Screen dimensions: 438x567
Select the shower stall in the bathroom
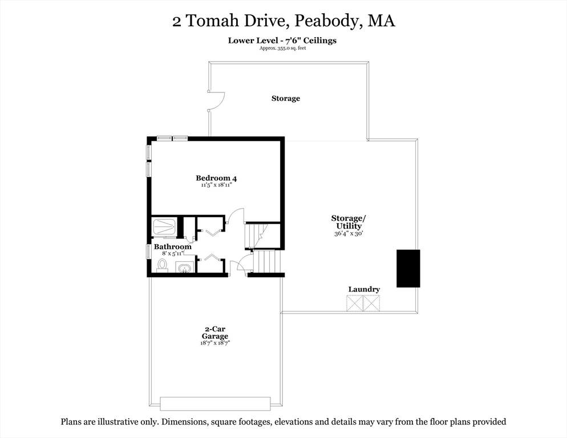click(x=164, y=226)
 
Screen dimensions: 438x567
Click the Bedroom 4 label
click(x=216, y=177)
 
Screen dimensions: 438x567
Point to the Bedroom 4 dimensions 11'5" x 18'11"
click(x=216, y=185)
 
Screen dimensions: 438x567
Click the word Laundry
click(x=364, y=289)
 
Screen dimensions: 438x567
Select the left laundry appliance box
click(x=355, y=303)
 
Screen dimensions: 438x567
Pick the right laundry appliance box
click(x=371, y=303)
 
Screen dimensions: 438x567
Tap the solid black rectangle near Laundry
click(x=408, y=268)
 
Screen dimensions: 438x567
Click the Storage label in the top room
click(x=285, y=99)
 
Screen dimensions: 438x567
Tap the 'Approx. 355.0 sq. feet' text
click(x=282, y=48)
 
